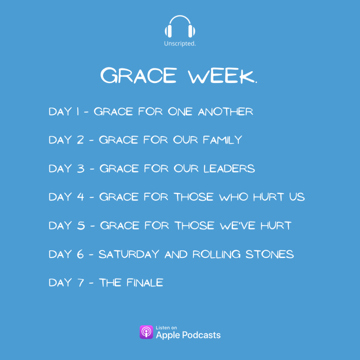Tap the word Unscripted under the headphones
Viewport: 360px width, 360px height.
(x=180, y=44)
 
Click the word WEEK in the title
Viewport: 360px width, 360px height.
(x=222, y=76)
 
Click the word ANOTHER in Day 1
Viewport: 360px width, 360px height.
(x=226, y=112)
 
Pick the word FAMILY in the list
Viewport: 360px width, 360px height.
(x=223, y=140)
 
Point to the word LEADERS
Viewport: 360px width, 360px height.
(x=230, y=168)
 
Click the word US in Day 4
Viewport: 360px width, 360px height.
(x=297, y=197)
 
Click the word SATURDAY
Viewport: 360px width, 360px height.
(x=129, y=254)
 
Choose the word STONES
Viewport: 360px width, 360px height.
(x=270, y=254)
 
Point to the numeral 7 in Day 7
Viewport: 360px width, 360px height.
(x=80, y=282)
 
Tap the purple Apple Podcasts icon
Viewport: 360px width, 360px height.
(x=146, y=332)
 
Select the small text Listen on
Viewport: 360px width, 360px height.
(x=166, y=328)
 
